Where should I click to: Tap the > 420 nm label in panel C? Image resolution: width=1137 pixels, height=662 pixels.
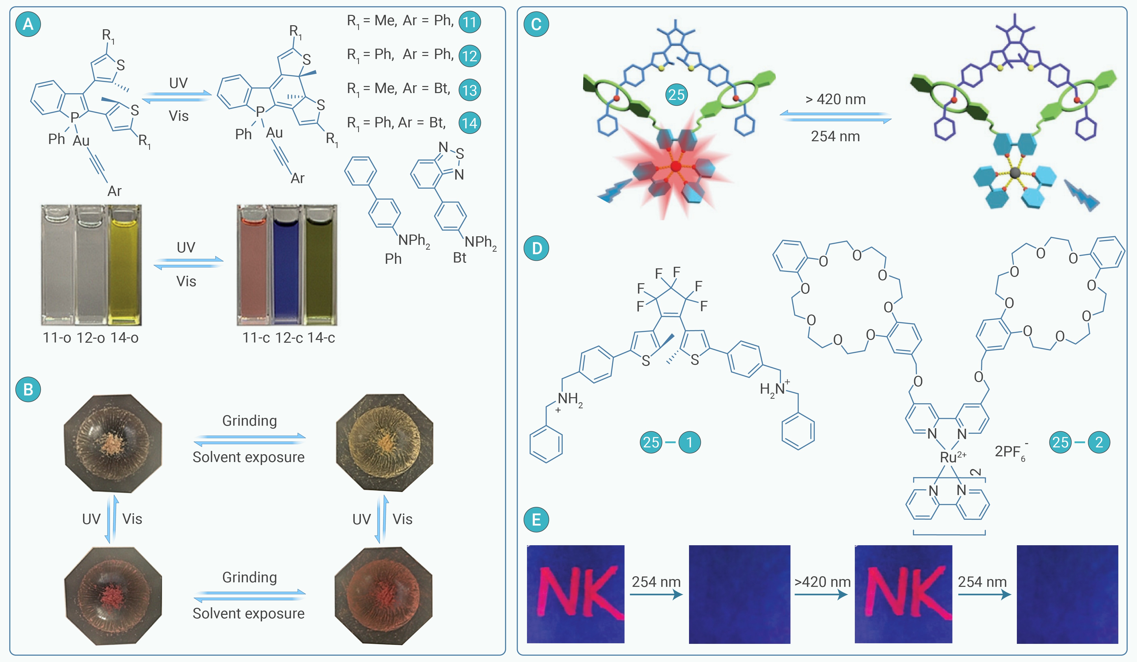pyautogui.click(x=836, y=99)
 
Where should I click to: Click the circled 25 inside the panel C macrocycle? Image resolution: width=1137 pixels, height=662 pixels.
pyautogui.click(x=676, y=95)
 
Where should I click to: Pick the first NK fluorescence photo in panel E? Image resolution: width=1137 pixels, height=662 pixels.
pyautogui.click(x=576, y=594)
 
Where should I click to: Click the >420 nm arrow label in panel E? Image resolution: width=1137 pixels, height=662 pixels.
pyautogui.click(x=822, y=582)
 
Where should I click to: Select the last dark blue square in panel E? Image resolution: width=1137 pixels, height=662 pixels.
pyautogui.click(x=1067, y=594)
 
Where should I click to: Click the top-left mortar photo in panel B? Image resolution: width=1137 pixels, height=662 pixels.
pyautogui.click(x=113, y=443)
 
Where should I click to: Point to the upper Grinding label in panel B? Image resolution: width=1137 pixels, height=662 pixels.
pyautogui.click(x=250, y=421)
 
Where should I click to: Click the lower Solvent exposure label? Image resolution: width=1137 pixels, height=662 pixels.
pyautogui.click(x=249, y=614)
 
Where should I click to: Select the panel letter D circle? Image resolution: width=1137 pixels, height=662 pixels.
pyautogui.click(x=536, y=248)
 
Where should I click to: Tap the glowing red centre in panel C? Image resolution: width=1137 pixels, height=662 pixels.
pyautogui.click(x=675, y=167)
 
